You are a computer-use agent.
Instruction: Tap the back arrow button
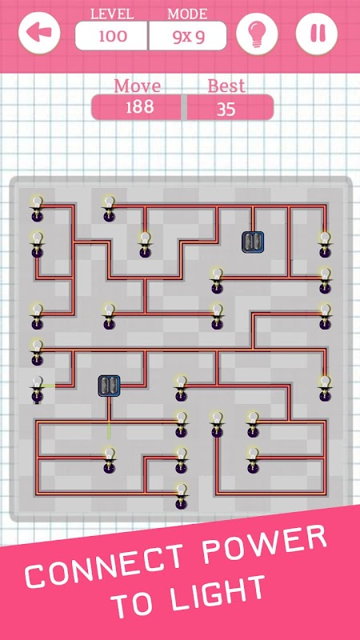click(x=39, y=34)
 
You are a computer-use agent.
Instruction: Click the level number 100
click(x=113, y=36)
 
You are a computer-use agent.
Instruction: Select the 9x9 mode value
click(x=188, y=37)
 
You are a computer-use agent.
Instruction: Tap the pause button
click(x=317, y=34)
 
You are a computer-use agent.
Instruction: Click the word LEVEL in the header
click(x=112, y=14)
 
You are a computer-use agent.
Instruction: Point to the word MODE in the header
click(x=187, y=14)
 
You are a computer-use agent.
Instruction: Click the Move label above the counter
click(x=137, y=86)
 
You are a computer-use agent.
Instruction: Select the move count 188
click(x=139, y=107)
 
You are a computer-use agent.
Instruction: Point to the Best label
click(x=226, y=86)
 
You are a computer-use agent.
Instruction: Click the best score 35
click(x=226, y=110)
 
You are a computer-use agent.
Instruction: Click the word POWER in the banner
click(x=266, y=538)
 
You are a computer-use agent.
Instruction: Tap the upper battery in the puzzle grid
click(x=253, y=242)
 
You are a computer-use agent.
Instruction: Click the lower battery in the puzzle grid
click(x=109, y=386)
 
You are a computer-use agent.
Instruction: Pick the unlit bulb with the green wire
click(x=38, y=389)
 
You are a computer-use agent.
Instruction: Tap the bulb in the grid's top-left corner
click(x=38, y=208)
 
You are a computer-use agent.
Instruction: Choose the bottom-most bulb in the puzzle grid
click(x=182, y=496)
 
